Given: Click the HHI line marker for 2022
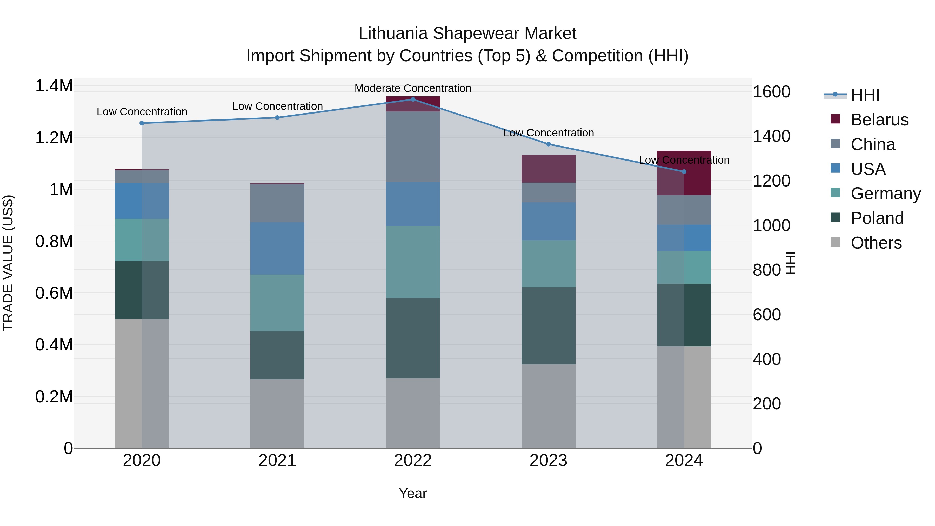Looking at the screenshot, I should click(x=413, y=99).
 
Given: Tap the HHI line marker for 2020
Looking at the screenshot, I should click(x=142, y=123).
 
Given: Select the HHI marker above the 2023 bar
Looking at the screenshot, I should click(x=549, y=144).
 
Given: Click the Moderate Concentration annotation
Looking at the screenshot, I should click(x=413, y=88).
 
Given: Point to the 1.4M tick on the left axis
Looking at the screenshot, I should click(x=54, y=86).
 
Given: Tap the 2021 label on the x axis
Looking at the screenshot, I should click(x=277, y=460).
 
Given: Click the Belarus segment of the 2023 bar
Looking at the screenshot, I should click(x=549, y=169).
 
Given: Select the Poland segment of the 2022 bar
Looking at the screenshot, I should click(x=413, y=338).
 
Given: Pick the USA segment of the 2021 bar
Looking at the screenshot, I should click(x=277, y=248).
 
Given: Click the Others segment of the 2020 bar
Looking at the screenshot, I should click(x=142, y=383).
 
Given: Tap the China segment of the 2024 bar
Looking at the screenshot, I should click(x=684, y=210).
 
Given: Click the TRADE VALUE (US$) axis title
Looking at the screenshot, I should click(x=8, y=263).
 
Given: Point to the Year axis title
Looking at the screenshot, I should click(x=413, y=493).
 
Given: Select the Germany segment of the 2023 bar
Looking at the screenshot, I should click(x=549, y=264).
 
